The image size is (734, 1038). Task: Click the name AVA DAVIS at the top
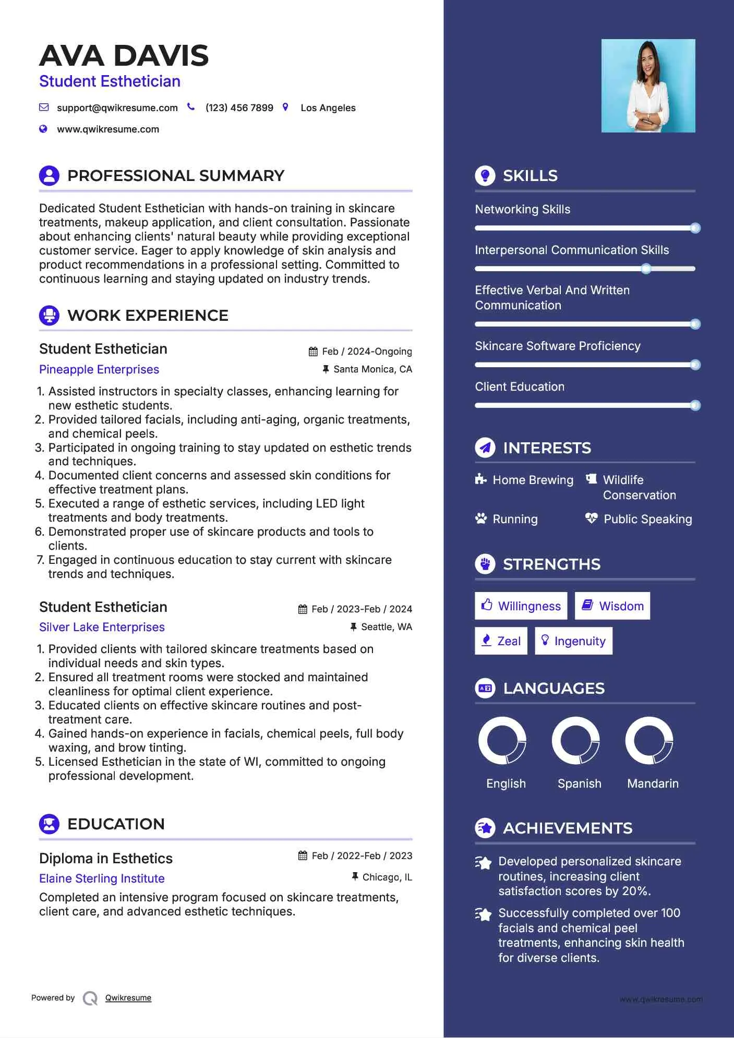[x=124, y=56]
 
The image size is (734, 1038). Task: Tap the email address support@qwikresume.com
[x=117, y=108]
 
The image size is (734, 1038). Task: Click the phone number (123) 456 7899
[x=239, y=108]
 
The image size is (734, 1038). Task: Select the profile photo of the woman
[x=648, y=86]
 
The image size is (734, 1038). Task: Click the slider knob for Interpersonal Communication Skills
[x=646, y=269]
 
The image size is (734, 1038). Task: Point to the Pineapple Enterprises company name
[x=99, y=369]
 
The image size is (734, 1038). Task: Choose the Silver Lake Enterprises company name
[x=102, y=627]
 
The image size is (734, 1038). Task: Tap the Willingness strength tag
[x=521, y=606]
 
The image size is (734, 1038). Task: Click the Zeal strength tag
[x=501, y=641]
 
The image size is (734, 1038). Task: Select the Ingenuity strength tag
[x=573, y=641]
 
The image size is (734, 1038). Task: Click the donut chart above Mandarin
[x=649, y=740]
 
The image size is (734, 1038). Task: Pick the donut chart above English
[x=502, y=740]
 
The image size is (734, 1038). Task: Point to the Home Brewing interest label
[x=533, y=480]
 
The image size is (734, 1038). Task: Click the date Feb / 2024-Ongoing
[x=367, y=352]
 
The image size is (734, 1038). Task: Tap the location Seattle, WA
[x=386, y=627]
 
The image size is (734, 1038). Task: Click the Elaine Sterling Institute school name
[x=102, y=878]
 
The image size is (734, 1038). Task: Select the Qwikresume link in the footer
[x=128, y=998]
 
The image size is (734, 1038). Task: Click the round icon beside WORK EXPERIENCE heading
[x=50, y=316]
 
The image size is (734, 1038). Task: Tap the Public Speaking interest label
[x=647, y=519]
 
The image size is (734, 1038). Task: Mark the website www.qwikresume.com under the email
[x=108, y=129]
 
